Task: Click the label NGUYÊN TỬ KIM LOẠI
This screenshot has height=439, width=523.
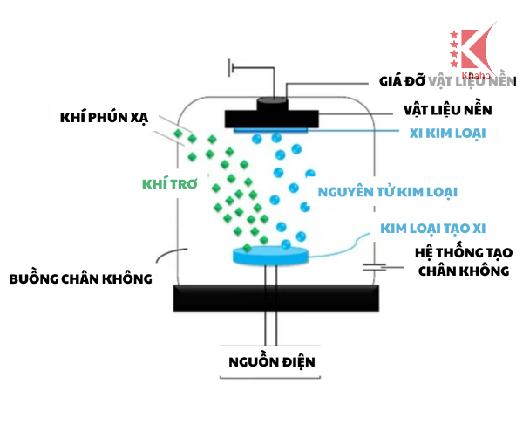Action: [x=389, y=189]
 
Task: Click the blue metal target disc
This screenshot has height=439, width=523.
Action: [x=272, y=255]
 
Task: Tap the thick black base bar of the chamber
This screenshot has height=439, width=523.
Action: [x=271, y=298]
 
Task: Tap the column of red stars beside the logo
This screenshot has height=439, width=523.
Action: [x=453, y=48]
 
